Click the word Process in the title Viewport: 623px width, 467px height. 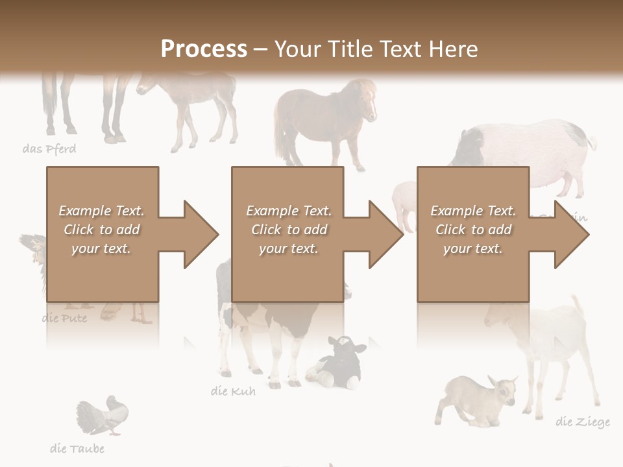click(204, 49)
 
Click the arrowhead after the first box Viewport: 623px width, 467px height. click(199, 234)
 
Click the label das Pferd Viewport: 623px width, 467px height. click(49, 149)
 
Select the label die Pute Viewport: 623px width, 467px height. click(64, 318)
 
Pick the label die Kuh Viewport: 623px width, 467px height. click(233, 391)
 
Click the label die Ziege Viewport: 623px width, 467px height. click(582, 422)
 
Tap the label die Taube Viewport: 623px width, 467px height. click(77, 448)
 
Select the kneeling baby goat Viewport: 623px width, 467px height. click(475, 399)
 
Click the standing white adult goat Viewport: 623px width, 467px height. click(552, 344)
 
